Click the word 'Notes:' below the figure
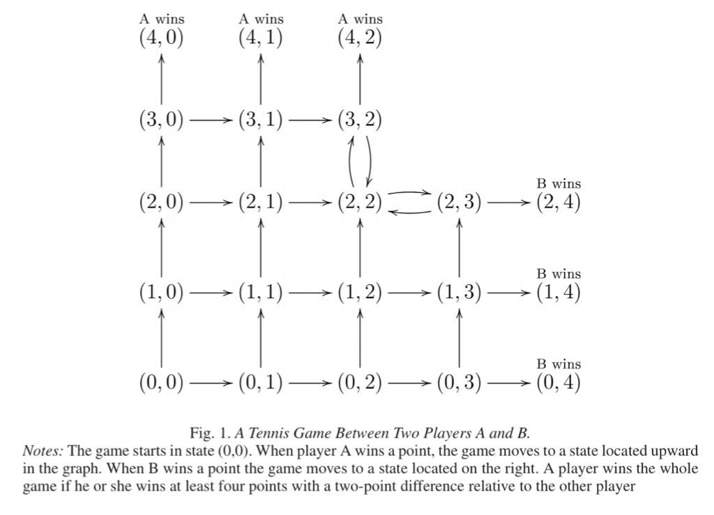(x=43, y=452)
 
